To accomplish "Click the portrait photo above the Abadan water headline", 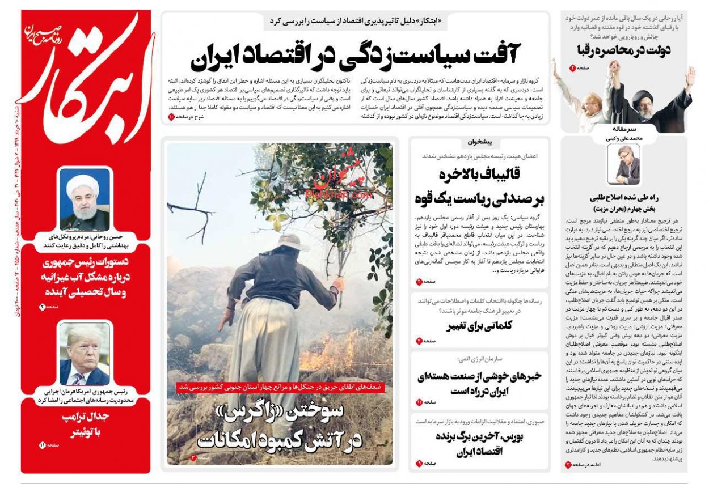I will pos(85,199).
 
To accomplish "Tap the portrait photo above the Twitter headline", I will pos(85,354).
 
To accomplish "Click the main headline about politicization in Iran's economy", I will pos(355,54).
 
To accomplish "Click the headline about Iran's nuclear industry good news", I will pos(480,383).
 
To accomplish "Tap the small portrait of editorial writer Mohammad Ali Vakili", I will pos(623,164).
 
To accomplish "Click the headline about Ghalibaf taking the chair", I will pos(480,186).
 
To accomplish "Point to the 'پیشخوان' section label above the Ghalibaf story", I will pos(480,142).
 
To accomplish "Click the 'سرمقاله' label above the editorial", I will pos(623,129).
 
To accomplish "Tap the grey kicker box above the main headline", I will pos(356,22).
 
